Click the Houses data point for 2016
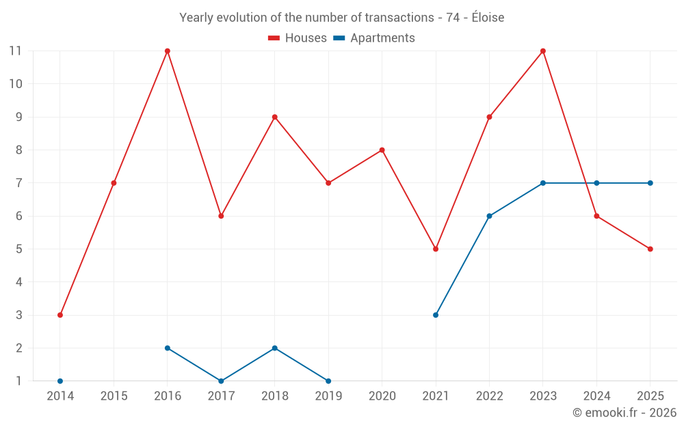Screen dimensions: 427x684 click(168, 51)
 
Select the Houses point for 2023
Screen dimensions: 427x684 click(543, 51)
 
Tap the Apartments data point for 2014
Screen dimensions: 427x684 click(60, 381)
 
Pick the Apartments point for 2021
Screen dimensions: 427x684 click(436, 315)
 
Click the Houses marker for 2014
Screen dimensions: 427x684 click(60, 315)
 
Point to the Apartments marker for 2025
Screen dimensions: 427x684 click(650, 183)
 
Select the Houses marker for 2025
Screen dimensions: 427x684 click(650, 249)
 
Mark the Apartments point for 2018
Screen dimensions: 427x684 click(275, 348)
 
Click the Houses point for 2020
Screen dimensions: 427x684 click(382, 150)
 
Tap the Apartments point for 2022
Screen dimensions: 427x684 click(489, 216)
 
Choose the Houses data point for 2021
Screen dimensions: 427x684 click(436, 249)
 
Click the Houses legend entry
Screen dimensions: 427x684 click(298, 38)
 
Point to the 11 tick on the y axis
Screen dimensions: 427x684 click(15, 51)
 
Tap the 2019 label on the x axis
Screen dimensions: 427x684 click(328, 396)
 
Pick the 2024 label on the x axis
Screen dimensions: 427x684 click(596, 396)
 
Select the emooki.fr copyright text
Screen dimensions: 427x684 click(624, 413)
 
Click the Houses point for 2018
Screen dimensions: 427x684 click(275, 117)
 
